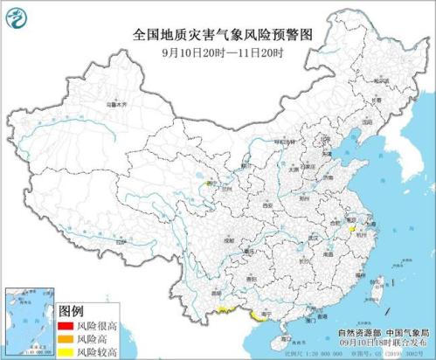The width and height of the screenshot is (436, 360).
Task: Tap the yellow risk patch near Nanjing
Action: [351, 230]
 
